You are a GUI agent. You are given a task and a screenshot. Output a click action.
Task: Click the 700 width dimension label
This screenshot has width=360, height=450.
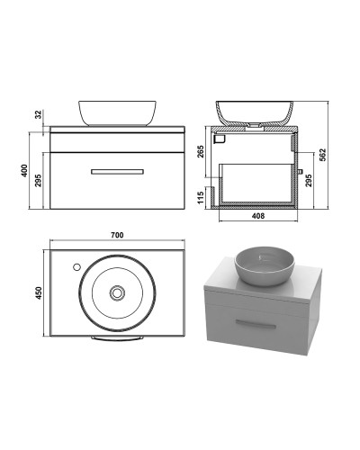pos(117,235)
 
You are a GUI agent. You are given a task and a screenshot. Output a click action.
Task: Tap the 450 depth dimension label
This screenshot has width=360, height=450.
pos(39,292)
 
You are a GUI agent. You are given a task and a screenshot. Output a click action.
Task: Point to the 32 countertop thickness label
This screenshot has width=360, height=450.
pos(39,114)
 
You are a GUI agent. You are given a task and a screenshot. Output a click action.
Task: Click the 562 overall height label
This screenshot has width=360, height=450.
pos(322,155)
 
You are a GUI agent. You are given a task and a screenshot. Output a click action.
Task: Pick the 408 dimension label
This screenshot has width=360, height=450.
pos(258,216)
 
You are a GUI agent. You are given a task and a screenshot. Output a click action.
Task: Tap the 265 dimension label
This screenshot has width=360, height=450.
pos(201,151)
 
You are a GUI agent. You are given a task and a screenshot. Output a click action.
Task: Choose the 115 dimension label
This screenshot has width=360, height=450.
pos(201,197)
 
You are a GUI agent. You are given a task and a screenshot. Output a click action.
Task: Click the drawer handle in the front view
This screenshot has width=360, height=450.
pos(117,172)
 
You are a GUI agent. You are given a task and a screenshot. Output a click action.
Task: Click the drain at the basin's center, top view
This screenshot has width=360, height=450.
pos(117,292)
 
